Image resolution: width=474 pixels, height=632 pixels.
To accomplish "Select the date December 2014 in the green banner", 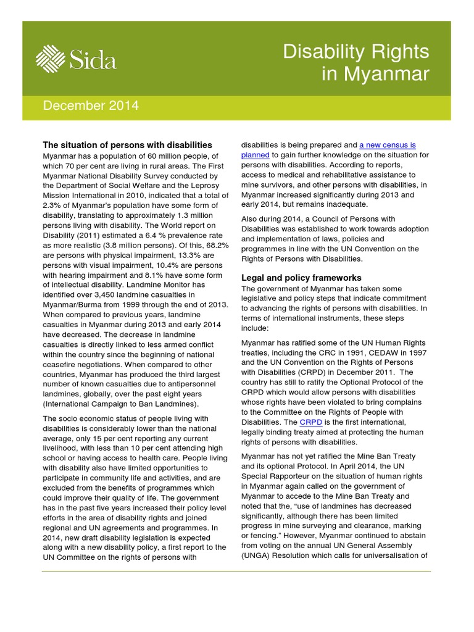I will coord(91,106).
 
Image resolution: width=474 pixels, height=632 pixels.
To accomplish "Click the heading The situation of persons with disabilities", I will coord(127,144).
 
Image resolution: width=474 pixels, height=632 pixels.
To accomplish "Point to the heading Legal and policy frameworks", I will coord(301,277).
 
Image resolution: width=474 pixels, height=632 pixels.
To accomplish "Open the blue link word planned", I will coord(255,155).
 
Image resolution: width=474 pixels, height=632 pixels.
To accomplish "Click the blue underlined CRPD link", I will coord(310,422).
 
